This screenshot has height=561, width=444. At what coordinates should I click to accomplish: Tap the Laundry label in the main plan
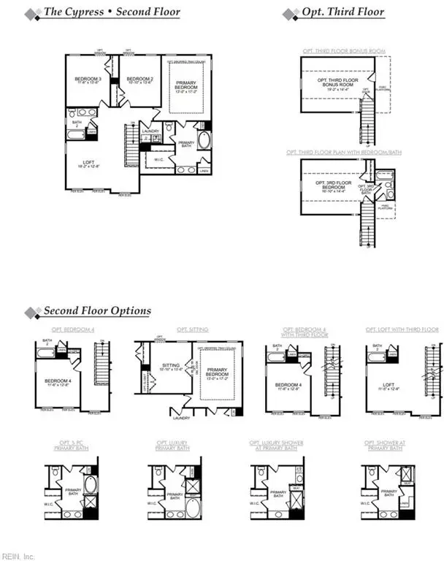coord(150,131)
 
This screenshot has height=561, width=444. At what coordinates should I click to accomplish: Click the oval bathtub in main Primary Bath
coord(204,141)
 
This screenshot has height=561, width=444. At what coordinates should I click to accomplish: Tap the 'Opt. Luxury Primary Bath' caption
coord(172,445)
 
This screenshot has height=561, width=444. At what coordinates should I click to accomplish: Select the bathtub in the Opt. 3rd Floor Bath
coord(387,176)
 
